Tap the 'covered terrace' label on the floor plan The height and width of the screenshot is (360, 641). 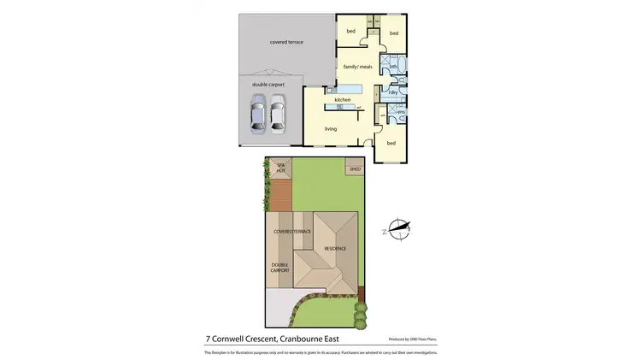pyautogui.click(x=286, y=42)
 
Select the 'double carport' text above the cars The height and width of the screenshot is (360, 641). pyautogui.click(x=268, y=85)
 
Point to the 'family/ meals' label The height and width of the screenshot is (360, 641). pyautogui.click(x=357, y=67)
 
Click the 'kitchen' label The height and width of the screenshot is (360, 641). pyautogui.click(x=343, y=100)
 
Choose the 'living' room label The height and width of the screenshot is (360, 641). pyautogui.click(x=331, y=128)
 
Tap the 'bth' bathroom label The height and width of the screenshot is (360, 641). pyautogui.click(x=392, y=67)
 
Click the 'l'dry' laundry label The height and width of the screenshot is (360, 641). pyautogui.click(x=393, y=92)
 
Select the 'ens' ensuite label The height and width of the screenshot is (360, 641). pyautogui.click(x=400, y=111)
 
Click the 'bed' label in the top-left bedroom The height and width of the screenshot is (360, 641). pyautogui.click(x=350, y=32)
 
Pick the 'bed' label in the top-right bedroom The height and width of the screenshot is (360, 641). pyautogui.click(x=394, y=33)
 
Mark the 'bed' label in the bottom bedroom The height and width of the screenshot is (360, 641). pyautogui.click(x=391, y=143)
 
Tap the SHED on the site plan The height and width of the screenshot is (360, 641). pyautogui.click(x=355, y=168)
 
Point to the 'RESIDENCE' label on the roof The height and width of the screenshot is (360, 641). pyautogui.click(x=334, y=248)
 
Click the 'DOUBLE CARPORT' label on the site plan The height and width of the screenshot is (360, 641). pyautogui.click(x=281, y=269)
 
